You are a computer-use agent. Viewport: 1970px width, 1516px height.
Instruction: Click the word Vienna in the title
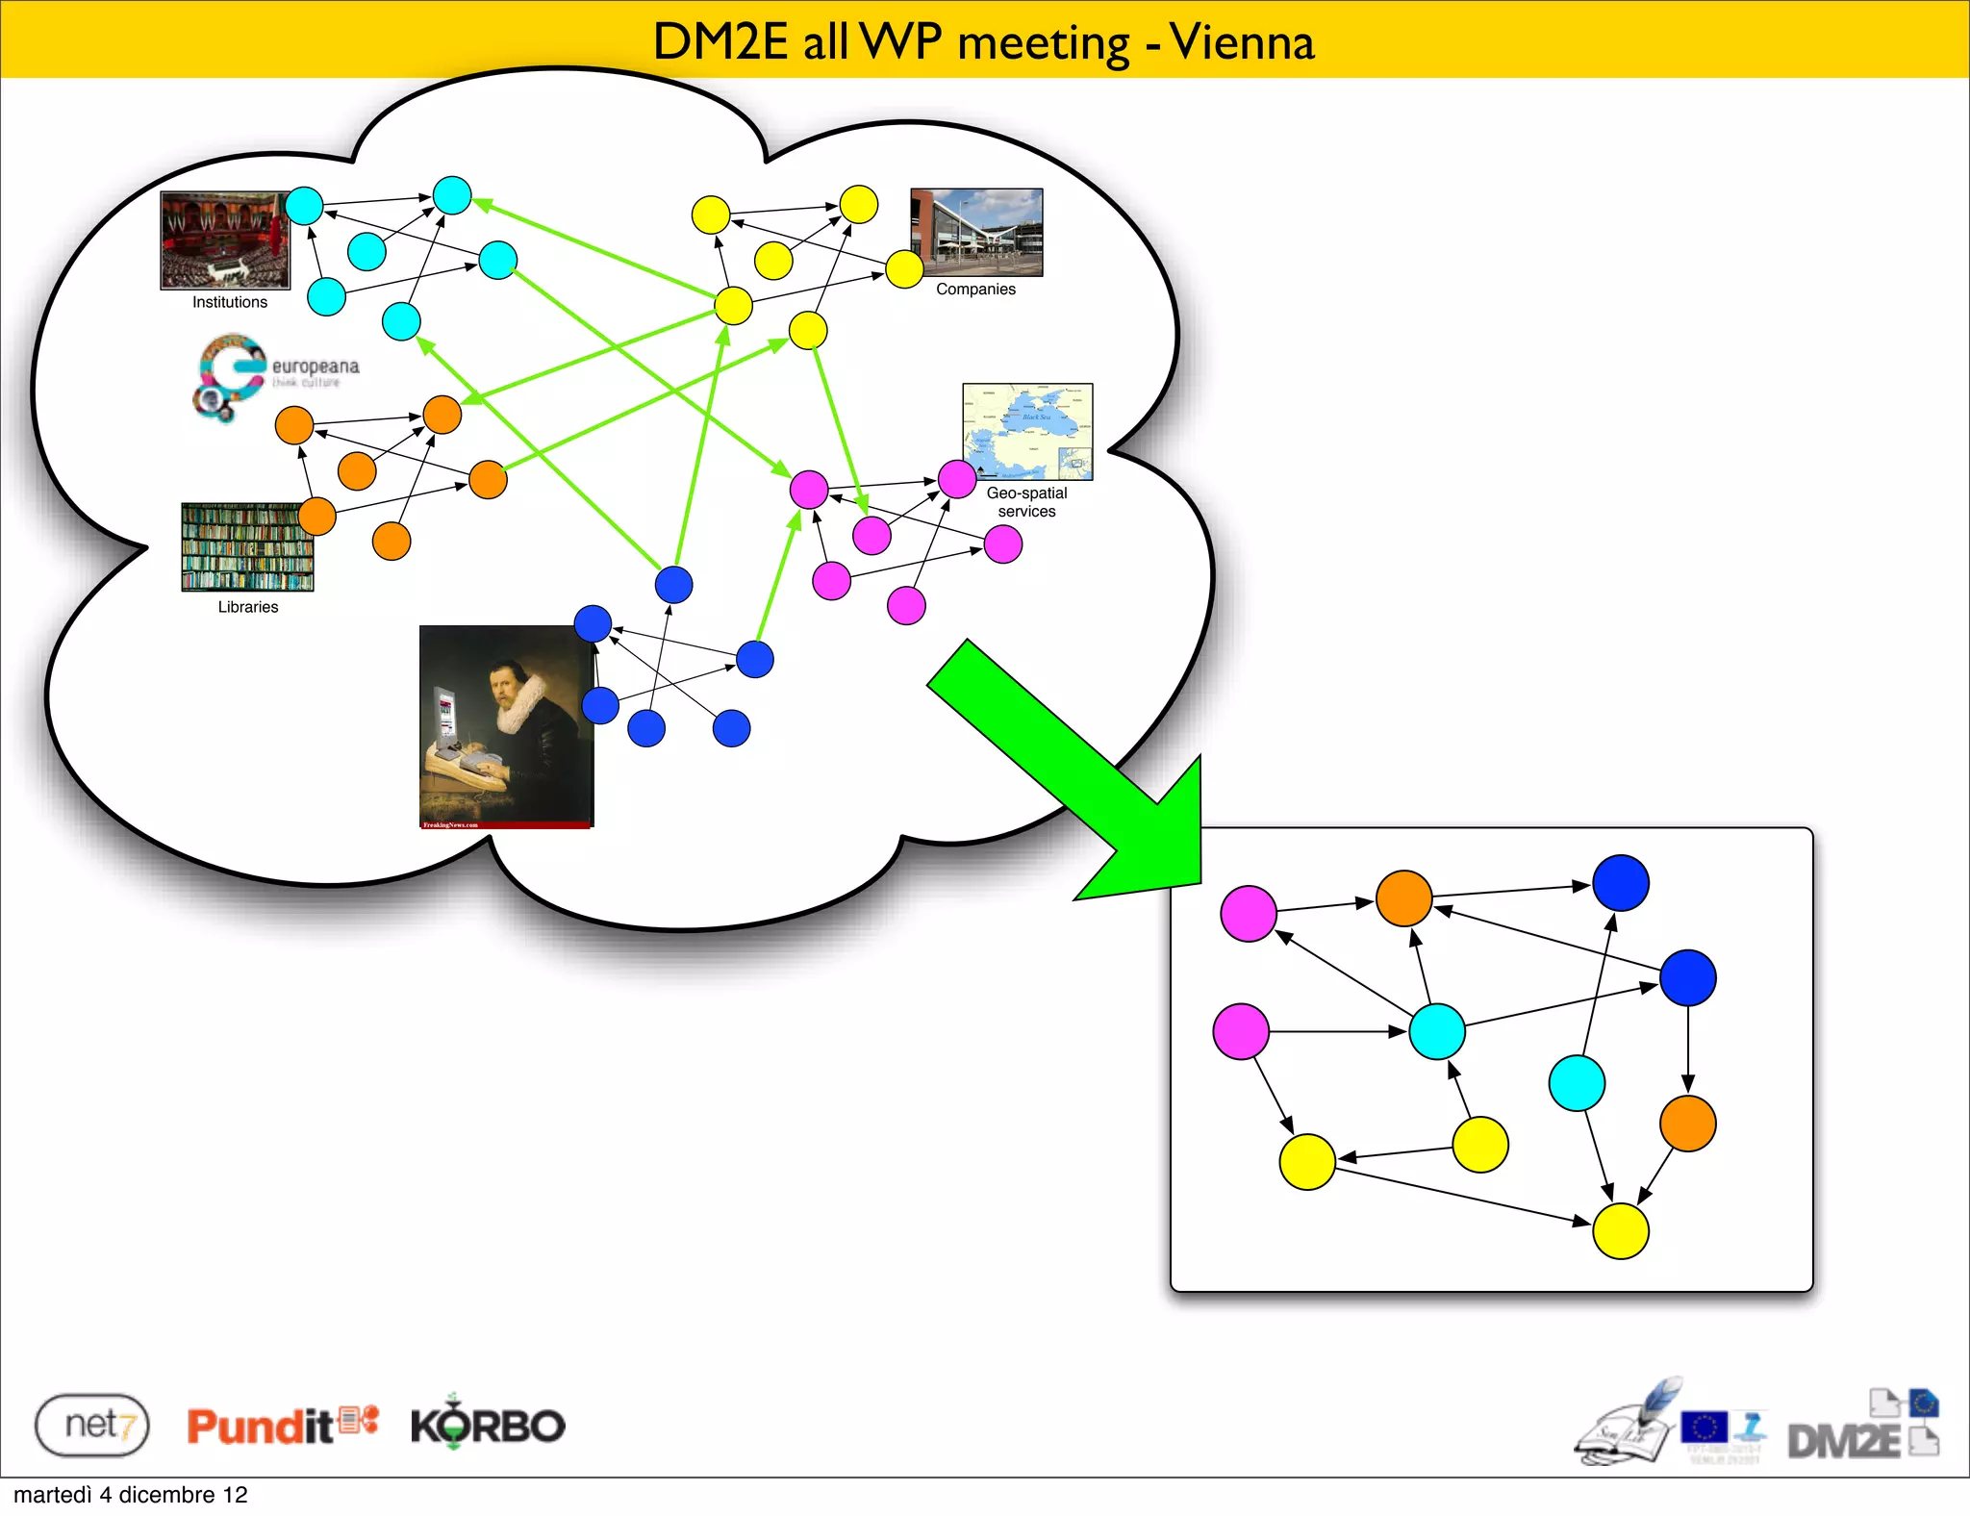(x=1242, y=42)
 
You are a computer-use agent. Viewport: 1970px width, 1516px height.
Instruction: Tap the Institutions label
(x=230, y=302)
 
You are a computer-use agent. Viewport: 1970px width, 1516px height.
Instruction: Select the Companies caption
(x=975, y=290)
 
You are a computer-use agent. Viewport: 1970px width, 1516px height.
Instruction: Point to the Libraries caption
(x=247, y=607)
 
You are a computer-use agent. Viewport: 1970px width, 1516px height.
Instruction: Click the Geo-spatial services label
(x=1026, y=502)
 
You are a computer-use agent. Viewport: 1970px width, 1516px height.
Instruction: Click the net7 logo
(x=92, y=1425)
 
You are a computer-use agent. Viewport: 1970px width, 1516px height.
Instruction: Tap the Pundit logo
(x=282, y=1425)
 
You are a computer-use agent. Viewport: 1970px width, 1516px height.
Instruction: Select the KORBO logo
(x=488, y=1425)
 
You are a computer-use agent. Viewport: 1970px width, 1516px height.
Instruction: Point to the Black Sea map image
(x=1027, y=432)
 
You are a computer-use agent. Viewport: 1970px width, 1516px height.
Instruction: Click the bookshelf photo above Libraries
(x=247, y=546)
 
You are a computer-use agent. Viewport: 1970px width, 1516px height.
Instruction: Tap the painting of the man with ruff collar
(x=506, y=726)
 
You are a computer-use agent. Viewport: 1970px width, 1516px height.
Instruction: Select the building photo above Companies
(x=976, y=232)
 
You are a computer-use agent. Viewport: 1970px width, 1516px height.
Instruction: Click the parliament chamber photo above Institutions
(x=225, y=240)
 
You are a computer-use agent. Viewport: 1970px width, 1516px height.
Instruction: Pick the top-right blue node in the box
(x=1621, y=883)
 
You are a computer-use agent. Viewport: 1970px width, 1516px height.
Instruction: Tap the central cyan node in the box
(x=1436, y=1031)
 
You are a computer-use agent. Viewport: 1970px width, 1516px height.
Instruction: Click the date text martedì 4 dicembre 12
(x=131, y=1495)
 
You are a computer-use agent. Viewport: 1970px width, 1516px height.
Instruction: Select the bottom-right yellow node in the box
(x=1621, y=1231)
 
